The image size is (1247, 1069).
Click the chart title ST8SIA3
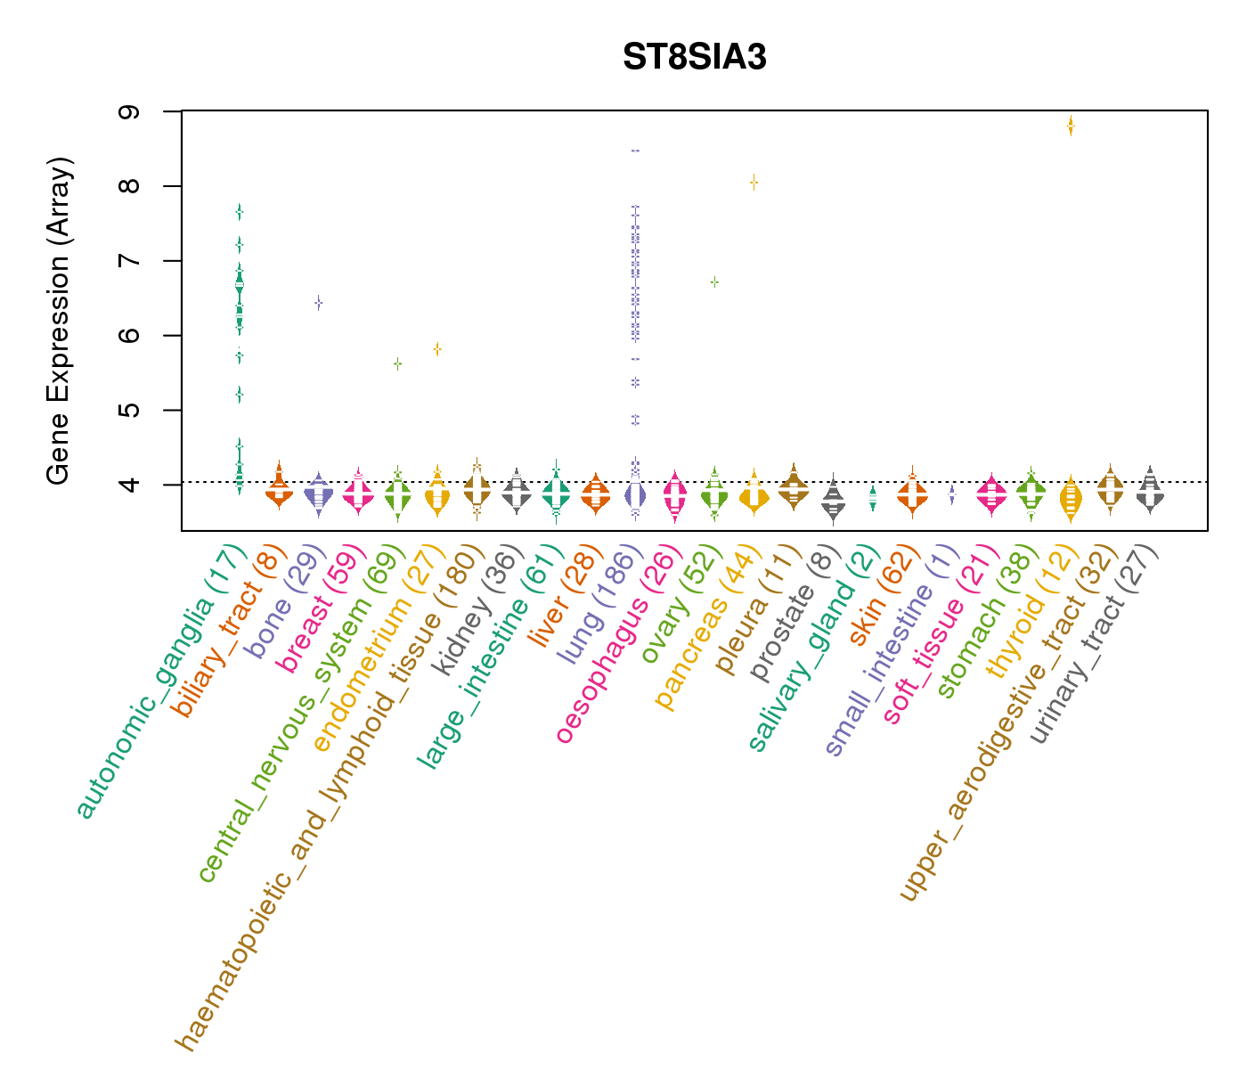point(695,57)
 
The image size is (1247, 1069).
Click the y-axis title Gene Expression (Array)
point(59,322)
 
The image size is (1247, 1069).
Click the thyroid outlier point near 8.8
point(1071,126)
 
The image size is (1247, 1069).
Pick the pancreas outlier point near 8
point(754,183)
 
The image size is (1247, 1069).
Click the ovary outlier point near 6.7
point(714,282)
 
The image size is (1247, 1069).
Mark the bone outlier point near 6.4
point(318,303)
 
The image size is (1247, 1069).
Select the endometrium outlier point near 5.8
point(437,349)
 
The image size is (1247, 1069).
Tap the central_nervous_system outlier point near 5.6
point(397,363)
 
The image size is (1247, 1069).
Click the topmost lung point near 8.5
point(635,151)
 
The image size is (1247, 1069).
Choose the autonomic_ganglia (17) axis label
point(160,681)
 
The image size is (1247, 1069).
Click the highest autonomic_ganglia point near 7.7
point(239,211)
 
